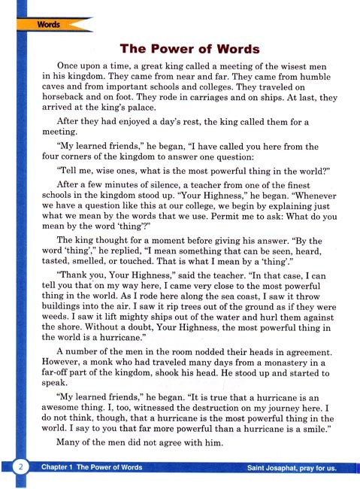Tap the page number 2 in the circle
tap(22, 468)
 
